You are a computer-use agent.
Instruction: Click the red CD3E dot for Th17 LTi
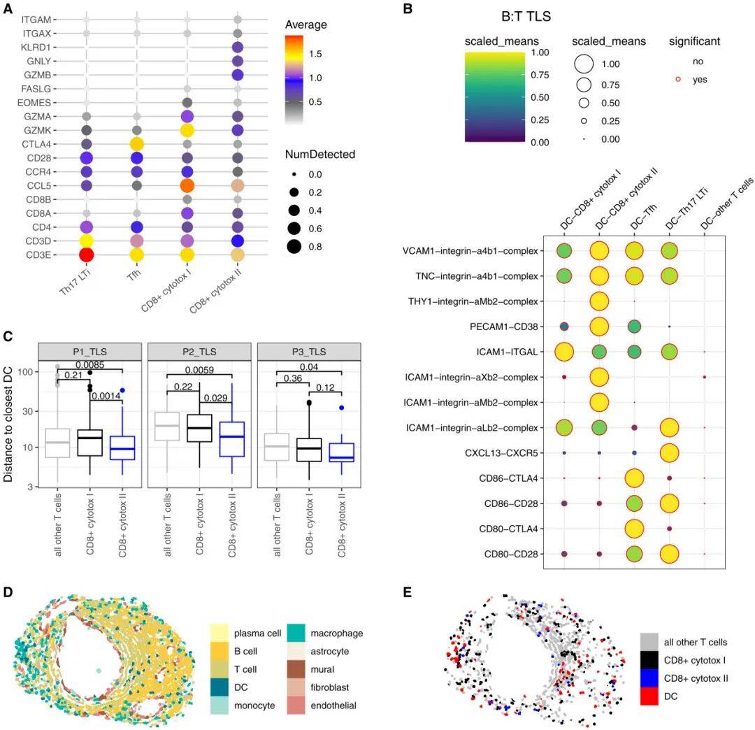coord(87,254)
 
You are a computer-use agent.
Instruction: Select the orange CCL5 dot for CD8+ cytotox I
coord(187,185)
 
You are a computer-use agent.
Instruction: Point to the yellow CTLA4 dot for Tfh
coord(137,144)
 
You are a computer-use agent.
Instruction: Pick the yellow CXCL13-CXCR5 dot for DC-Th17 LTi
coord(670,452)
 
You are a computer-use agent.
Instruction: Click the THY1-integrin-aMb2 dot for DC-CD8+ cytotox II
coord(599,301)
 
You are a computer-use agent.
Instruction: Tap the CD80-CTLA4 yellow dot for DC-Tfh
coord(634,529)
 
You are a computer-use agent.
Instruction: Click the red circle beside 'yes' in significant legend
coord(678,80)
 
